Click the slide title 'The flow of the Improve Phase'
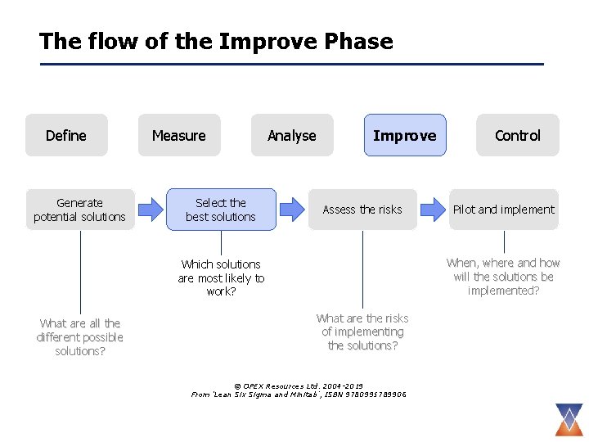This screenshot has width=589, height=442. (216, 41)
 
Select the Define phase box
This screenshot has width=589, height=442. (66, 135)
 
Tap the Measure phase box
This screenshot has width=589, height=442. (179, 135)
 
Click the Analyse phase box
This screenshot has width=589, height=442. (292, 135)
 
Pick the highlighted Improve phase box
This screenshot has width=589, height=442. (405, 135)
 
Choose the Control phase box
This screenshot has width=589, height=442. (518, 135)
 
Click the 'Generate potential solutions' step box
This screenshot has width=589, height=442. (80, 210)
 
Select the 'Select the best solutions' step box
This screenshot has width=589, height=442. (221, 210)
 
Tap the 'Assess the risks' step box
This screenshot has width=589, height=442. (362, 210)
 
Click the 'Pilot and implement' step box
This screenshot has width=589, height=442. (504, 210)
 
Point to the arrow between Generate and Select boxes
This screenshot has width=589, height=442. (150, 210)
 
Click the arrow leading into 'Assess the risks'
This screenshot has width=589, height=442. (291, 210)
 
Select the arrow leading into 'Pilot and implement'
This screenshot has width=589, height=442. (433, 210)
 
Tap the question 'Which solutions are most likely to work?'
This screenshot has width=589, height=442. (221, 278)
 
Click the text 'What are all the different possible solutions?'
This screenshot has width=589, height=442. (80, 337)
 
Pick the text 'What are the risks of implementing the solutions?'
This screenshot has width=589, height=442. (362, 331)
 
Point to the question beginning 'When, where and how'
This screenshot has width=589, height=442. (504, 277)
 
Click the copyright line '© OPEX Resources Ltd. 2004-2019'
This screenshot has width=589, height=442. (299, 386)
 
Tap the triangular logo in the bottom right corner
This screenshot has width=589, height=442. (566, 418)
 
